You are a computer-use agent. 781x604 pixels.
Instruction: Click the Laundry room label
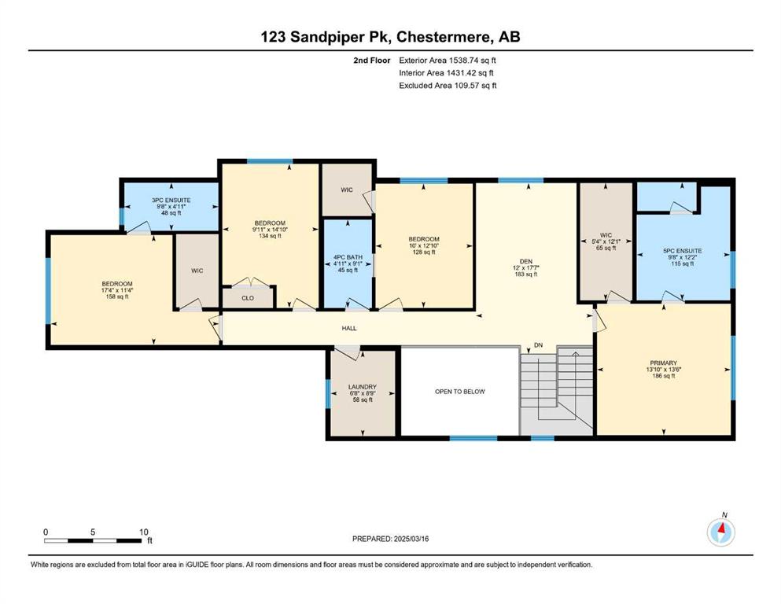tap(362, 387)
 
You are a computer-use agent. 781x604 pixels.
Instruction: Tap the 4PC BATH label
tap(348, 257)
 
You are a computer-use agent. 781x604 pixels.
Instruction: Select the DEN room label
tap(526, 261)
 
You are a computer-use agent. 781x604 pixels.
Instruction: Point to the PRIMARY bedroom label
tap(664, 363)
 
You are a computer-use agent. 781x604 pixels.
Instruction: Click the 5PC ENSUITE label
tap(682, 251)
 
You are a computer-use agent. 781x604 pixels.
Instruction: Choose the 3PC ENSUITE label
tap(171, 201)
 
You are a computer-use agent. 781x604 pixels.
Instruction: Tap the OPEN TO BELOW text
tap(460, 392)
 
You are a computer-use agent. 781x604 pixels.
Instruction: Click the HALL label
tap(349, 328)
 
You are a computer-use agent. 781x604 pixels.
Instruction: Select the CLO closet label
tap(248, 298)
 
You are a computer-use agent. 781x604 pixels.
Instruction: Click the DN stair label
tap(538, 345)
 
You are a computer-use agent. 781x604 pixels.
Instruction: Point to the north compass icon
tap(720, 532)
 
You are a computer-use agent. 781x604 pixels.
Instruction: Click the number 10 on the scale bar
tap(143, 532)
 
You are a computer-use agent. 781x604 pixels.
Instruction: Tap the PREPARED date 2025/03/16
tap(411, 539)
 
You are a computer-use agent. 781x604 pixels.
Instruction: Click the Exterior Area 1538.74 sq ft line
tap(448, 61)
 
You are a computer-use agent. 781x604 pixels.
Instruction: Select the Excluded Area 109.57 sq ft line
tap(448, 85)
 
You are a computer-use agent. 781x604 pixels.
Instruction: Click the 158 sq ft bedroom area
tap(117, 296)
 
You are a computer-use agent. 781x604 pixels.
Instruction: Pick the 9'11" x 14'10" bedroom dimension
tap(270, 230)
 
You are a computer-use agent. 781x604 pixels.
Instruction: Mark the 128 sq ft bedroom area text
tap(423, 252)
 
